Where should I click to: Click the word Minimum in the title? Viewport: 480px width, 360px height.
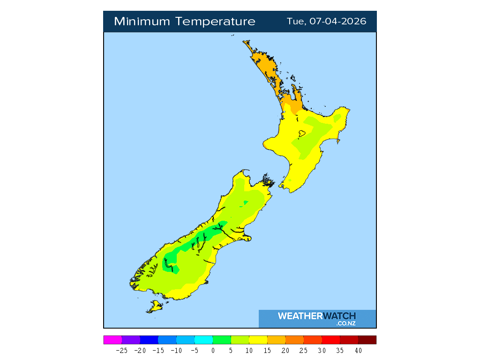coord(142,22)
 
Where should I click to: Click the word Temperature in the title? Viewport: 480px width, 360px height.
coord(216,22)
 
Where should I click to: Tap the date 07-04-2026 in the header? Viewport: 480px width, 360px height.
coord(337,22)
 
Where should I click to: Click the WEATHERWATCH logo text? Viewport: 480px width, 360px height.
coord(316,316)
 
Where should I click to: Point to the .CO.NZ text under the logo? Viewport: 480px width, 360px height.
coord(345,323)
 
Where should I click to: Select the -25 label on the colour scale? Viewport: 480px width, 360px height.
coord(121,351)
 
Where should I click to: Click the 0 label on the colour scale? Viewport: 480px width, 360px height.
coord(213,351)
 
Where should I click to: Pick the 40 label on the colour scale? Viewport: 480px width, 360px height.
coord(358,351)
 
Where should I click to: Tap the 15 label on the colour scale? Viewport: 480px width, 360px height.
coord(267,351)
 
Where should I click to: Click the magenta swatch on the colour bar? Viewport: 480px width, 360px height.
coord(112,340)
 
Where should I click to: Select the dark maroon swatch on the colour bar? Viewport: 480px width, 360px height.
coord(367,340)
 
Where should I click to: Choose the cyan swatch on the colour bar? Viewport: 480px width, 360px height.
coord(203,340)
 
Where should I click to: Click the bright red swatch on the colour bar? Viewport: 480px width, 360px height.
coord(331,340)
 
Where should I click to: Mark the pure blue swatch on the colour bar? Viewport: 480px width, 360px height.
coord(149,340)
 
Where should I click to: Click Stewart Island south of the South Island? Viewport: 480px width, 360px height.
coord(155,307)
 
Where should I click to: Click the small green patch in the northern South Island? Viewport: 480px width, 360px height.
coord(244,203)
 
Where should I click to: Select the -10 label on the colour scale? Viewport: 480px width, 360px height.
coord(176,351)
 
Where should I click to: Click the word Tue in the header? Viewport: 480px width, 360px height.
coord(295,22)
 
